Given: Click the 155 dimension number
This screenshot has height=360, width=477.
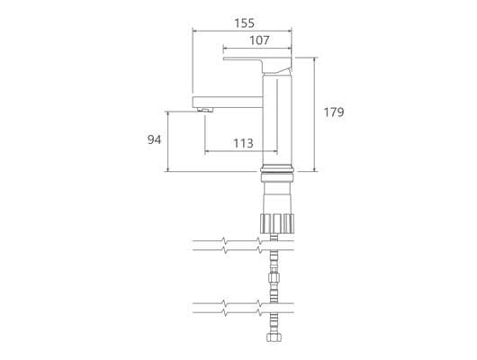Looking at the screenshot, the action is (x=244, y=23).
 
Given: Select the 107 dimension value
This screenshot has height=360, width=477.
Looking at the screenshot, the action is (x=259, y=40).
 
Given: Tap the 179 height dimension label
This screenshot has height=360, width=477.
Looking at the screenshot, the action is (x=334, y=112).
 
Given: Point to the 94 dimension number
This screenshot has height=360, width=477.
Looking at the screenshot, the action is (x=154, y=139).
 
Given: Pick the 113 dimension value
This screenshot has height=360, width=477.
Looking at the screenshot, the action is (x=243, y=143).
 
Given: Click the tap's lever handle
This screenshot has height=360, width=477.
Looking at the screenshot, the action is (x=258, y=63).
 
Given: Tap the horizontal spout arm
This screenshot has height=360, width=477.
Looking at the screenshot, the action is (x=228, y=102).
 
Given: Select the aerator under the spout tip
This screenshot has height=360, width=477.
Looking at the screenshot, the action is (x=205, y=110).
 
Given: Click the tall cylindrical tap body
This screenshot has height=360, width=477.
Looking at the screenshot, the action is (x=277, y=119).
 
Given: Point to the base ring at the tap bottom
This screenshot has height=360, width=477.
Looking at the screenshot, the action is (x=277, y=169).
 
